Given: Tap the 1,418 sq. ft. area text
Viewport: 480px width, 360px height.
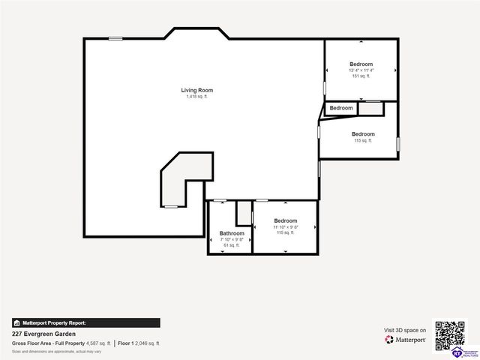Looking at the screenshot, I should click(196, 97).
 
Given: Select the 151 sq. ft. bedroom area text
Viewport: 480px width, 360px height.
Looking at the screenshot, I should click(361, 76).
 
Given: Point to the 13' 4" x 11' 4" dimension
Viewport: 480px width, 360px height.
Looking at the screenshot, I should click(361, 70).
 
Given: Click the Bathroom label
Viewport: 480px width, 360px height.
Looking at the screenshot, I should click(232, 233).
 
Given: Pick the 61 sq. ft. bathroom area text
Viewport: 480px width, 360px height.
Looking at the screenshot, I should click(232, 245).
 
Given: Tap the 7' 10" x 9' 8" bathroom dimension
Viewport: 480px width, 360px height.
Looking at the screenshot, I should click(232, 239).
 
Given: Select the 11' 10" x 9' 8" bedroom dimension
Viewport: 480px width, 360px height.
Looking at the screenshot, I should click(285, 227).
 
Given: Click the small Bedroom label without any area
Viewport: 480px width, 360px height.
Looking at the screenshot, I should click(341, 108).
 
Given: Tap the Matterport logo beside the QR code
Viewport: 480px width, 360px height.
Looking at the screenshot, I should click(406, 340).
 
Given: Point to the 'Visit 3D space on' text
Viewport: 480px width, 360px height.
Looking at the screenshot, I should click(405, 330).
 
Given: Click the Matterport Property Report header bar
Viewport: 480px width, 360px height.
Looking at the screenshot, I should click(85, 322).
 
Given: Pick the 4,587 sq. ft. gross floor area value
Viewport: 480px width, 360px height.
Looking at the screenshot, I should click(98, 343).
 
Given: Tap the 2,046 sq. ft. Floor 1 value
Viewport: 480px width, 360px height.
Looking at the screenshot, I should click(147, 343).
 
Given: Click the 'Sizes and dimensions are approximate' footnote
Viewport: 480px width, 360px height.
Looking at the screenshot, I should click(56, 351).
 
